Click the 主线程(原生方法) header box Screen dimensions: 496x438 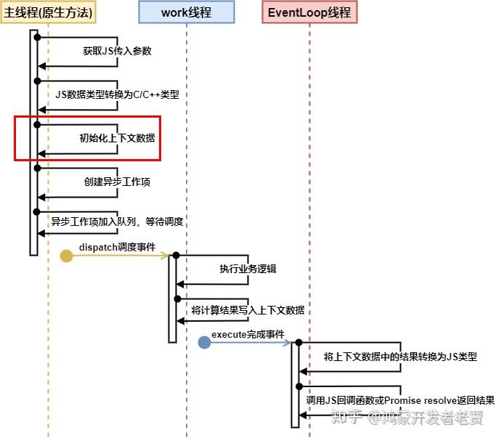point(48,12)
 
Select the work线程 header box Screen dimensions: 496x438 point(187,12)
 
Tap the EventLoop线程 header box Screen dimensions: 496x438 point(309,12)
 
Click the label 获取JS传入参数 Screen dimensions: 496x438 point(118,51)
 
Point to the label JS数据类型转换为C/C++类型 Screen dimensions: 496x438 point(118,94)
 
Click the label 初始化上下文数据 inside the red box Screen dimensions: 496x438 point(118,138)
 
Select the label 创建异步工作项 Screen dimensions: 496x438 point(118,182)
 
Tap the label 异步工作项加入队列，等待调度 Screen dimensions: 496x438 point(118,222)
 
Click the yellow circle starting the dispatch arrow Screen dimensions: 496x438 point(66,256)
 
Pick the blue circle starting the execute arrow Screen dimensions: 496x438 point(204,342)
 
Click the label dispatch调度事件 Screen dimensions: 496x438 point(118,247)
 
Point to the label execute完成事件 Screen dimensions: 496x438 point(248,335)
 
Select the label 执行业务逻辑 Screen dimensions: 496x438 point(248,269)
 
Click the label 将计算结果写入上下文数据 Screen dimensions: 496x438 point(248,310)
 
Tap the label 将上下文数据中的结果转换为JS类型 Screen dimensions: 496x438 point(400,357)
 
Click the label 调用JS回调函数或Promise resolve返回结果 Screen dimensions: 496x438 point(400,400)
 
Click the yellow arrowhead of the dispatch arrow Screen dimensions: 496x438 point(165,256)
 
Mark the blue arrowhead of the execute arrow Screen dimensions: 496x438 point(288,342)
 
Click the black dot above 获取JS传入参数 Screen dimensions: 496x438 point(37,37)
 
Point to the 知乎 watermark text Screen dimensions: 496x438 point(346,417)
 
